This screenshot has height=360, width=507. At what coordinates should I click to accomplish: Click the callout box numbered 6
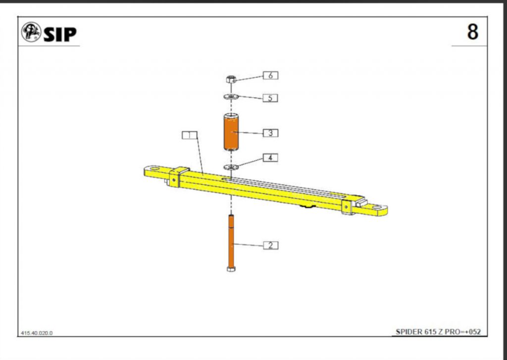(x=270, y=75)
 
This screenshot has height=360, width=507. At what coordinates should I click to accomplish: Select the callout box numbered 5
(x=270, y=98)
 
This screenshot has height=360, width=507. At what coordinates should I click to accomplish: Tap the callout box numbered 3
(x=270, y=133)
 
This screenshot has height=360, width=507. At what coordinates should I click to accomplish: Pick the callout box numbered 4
(x=270, y=158)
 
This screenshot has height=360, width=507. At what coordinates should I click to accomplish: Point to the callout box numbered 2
(x=270, y=246)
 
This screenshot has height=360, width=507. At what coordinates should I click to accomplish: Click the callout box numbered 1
(x=190, y=135)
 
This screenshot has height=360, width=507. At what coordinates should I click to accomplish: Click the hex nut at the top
(x=231, y=79)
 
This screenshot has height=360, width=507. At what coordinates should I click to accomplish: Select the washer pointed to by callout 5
(x=231, y=97)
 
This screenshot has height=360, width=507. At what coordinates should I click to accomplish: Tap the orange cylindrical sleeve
(x=231, y=132)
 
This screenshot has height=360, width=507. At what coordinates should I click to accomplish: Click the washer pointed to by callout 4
(x=231, y=167)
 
